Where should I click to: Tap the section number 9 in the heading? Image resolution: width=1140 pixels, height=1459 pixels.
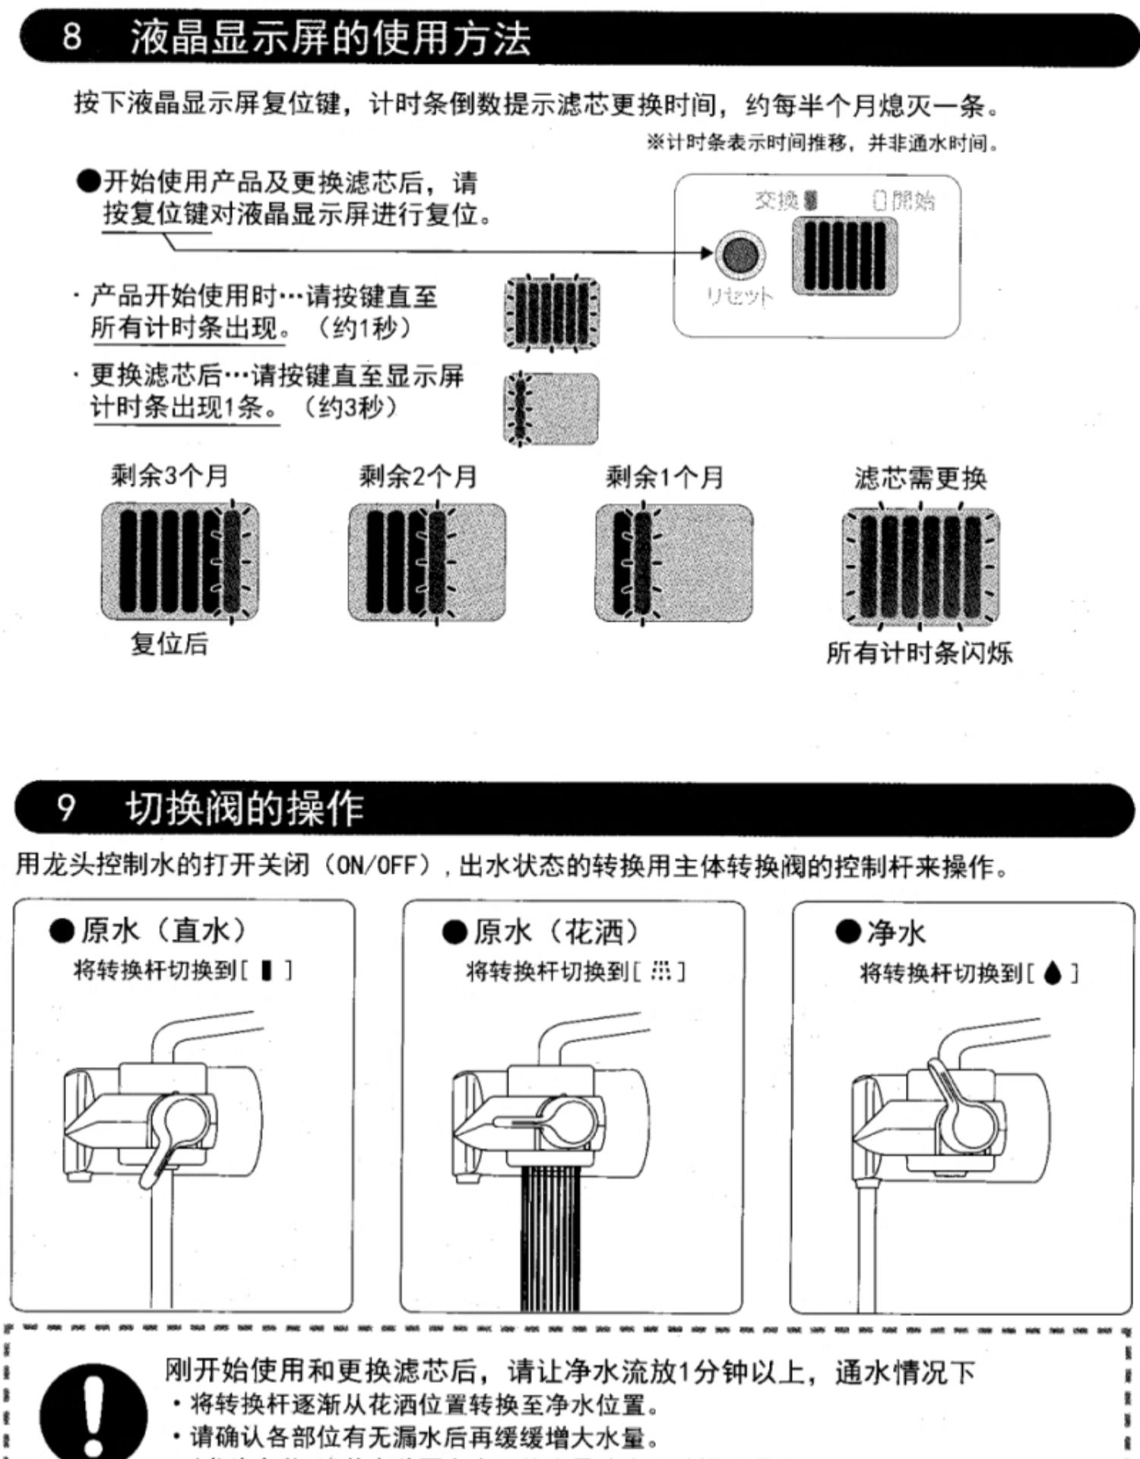click(x=67, y=807)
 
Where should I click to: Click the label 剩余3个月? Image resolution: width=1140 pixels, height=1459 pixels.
click(x=169, y=476)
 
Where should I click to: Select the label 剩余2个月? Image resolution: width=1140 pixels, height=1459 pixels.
click(x=418, y=477)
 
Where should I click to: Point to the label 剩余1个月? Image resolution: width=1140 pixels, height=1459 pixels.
click(x=664, y=477)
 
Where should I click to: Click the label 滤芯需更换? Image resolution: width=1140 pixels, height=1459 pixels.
click(x=920, y=479)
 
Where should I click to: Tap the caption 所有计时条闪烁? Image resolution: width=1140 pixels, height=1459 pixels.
click(x=920, y=653)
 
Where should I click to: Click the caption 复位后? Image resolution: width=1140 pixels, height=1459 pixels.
click(x=169, y=644)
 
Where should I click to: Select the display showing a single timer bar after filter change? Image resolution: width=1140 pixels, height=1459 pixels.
click(x=551, y=408)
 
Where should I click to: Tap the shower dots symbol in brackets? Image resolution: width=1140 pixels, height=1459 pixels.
click(x=662, y=971)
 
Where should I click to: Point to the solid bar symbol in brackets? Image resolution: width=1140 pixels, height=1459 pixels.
click(x=267, y=970)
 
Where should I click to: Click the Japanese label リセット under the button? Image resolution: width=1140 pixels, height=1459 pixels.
click(x=739, y=297)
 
